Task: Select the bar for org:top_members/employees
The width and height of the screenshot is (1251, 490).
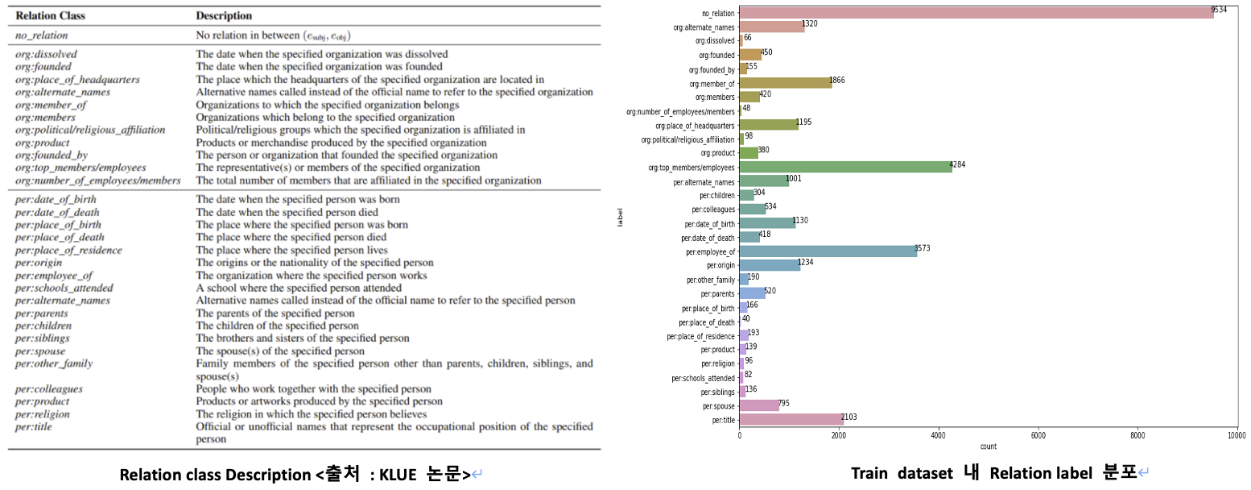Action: (845, 167)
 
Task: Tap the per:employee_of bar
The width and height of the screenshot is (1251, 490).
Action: (828, 251)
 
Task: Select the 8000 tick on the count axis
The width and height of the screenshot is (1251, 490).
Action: (1137, 436)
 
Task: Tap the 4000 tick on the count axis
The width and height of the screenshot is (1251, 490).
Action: (938, 436)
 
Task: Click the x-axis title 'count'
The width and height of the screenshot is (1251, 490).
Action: (988, 446)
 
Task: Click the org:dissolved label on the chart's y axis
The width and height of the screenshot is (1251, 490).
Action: (715, 40)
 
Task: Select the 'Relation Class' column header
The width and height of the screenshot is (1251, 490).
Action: (51, 15)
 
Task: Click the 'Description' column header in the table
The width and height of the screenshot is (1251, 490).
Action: (224, 15)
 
